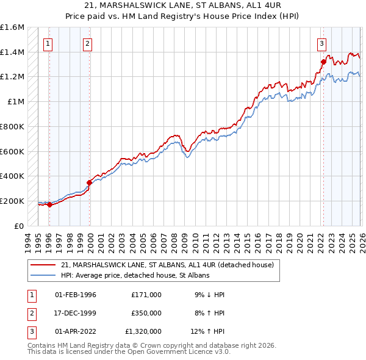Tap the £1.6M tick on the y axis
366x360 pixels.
click(12, 27)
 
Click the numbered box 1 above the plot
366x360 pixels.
click(48, 43)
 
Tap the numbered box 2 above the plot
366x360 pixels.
click(88, 43)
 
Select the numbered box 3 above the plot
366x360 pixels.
click(321, 43)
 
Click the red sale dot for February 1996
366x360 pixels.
click(49, 204)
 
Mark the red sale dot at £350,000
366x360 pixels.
click(89, 182)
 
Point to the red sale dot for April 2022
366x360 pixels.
click(323, 62)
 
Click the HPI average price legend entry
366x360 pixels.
click(135, 275)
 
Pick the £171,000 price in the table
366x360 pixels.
click(146, 295)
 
